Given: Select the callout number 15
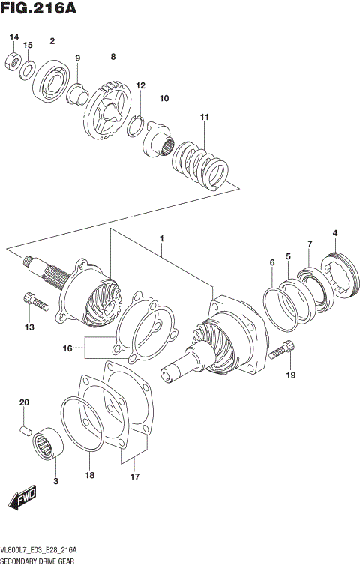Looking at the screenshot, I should pos(28,46).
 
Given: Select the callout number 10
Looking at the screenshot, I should pos(164,98).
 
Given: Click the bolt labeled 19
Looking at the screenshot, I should pos(283,348).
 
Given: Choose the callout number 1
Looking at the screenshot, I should pos(160,239).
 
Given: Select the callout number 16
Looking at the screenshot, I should pos(68,348).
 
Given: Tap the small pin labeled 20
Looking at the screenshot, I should pos(25,429).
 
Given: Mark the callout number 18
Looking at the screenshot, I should pos(89,475).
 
